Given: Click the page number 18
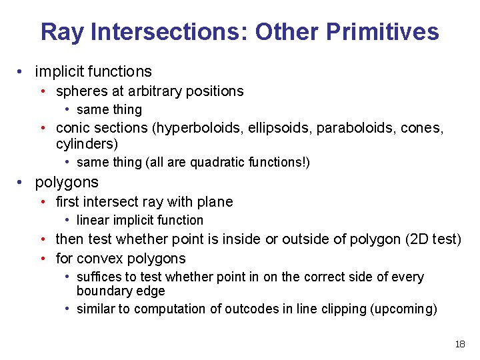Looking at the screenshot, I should [x=459, y=344].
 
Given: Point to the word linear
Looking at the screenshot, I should [x=93, y=221].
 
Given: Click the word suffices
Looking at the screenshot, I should [x=99, y=277].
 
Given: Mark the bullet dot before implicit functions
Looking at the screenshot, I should [x=23, y=72].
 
